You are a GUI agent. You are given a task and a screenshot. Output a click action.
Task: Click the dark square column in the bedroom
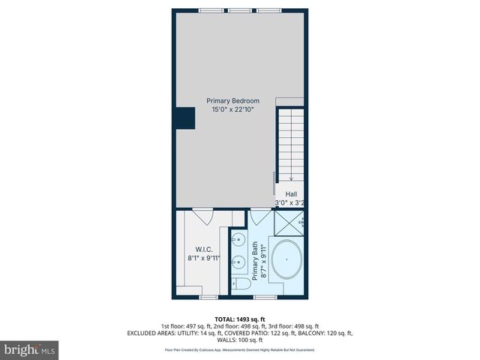pyautogui.click(x=185, y=117)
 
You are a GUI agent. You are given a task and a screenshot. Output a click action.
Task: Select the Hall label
pyautogui.click(x=291, y=194)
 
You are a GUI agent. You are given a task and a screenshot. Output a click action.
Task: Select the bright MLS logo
pyautogui.click(x=30, y=349)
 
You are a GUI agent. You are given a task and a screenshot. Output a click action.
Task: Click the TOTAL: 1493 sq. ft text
pyautogui.click(x=240, y=319)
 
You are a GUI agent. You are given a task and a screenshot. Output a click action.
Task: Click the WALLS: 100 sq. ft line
pyautogui.click(x=240, y=340)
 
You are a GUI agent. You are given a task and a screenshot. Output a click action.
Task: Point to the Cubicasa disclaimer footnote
pyautogui.click(x=240, y=349)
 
